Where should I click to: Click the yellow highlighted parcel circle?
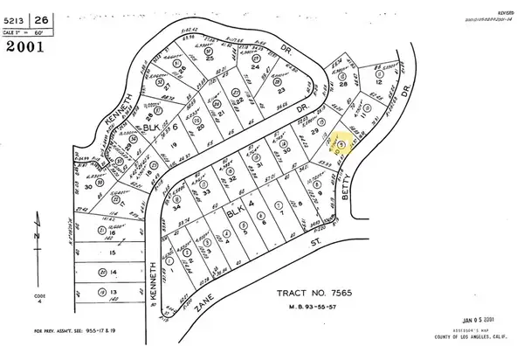point(341,143)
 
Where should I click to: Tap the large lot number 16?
point(114,233)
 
